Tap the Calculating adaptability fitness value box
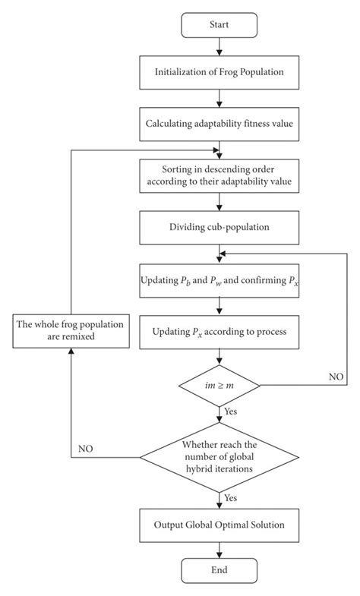tap(219, 121)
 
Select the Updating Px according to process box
tap(219, 332)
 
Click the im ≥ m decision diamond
tap(219, 386)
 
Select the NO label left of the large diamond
tap(87, 449)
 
